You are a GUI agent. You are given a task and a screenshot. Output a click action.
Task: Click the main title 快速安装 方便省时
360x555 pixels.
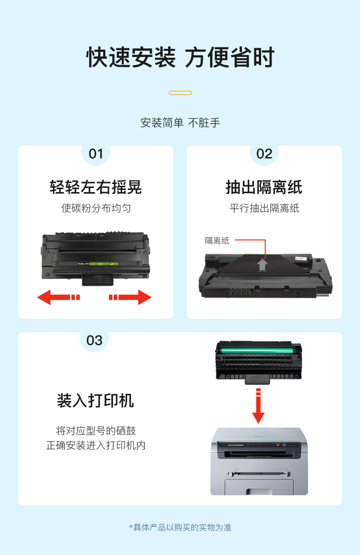[180, 57]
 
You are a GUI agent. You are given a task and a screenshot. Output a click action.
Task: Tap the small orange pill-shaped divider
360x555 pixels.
[180, 93]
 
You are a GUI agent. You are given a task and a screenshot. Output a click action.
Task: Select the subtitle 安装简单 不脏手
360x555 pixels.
[180, 123]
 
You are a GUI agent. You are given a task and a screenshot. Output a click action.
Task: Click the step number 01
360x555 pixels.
[96, 154]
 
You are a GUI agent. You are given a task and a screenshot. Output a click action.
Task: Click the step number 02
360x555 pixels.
[264, 154]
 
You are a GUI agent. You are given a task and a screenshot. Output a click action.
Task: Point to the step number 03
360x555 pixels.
[94, 341]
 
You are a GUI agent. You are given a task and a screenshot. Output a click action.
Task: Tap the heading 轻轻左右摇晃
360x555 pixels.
[96, 187]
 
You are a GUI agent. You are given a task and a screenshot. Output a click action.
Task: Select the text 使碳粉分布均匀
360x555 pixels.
[96, 208]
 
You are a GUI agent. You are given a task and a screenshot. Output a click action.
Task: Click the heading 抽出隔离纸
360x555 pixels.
[264, 187]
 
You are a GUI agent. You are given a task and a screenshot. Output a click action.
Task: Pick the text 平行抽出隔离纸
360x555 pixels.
[264, 208]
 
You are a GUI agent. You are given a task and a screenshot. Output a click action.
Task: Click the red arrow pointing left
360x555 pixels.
[58, 297]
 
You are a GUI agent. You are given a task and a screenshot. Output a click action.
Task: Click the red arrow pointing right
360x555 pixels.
[130, 297]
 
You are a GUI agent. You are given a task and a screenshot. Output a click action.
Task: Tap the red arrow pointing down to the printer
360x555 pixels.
[258, 406]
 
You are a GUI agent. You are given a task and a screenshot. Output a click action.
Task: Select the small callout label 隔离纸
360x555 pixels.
[217, 240]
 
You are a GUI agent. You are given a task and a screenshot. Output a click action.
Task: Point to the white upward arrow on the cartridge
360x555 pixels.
[262, 264]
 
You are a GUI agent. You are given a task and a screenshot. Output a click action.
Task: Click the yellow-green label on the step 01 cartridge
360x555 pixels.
[103, 264]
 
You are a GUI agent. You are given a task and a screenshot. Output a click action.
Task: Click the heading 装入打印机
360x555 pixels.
[95, 401]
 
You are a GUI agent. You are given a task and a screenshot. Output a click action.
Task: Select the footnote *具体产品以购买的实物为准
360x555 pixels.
[180, 527]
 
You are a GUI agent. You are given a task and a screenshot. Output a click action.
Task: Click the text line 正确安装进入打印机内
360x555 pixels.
[96, 445]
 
